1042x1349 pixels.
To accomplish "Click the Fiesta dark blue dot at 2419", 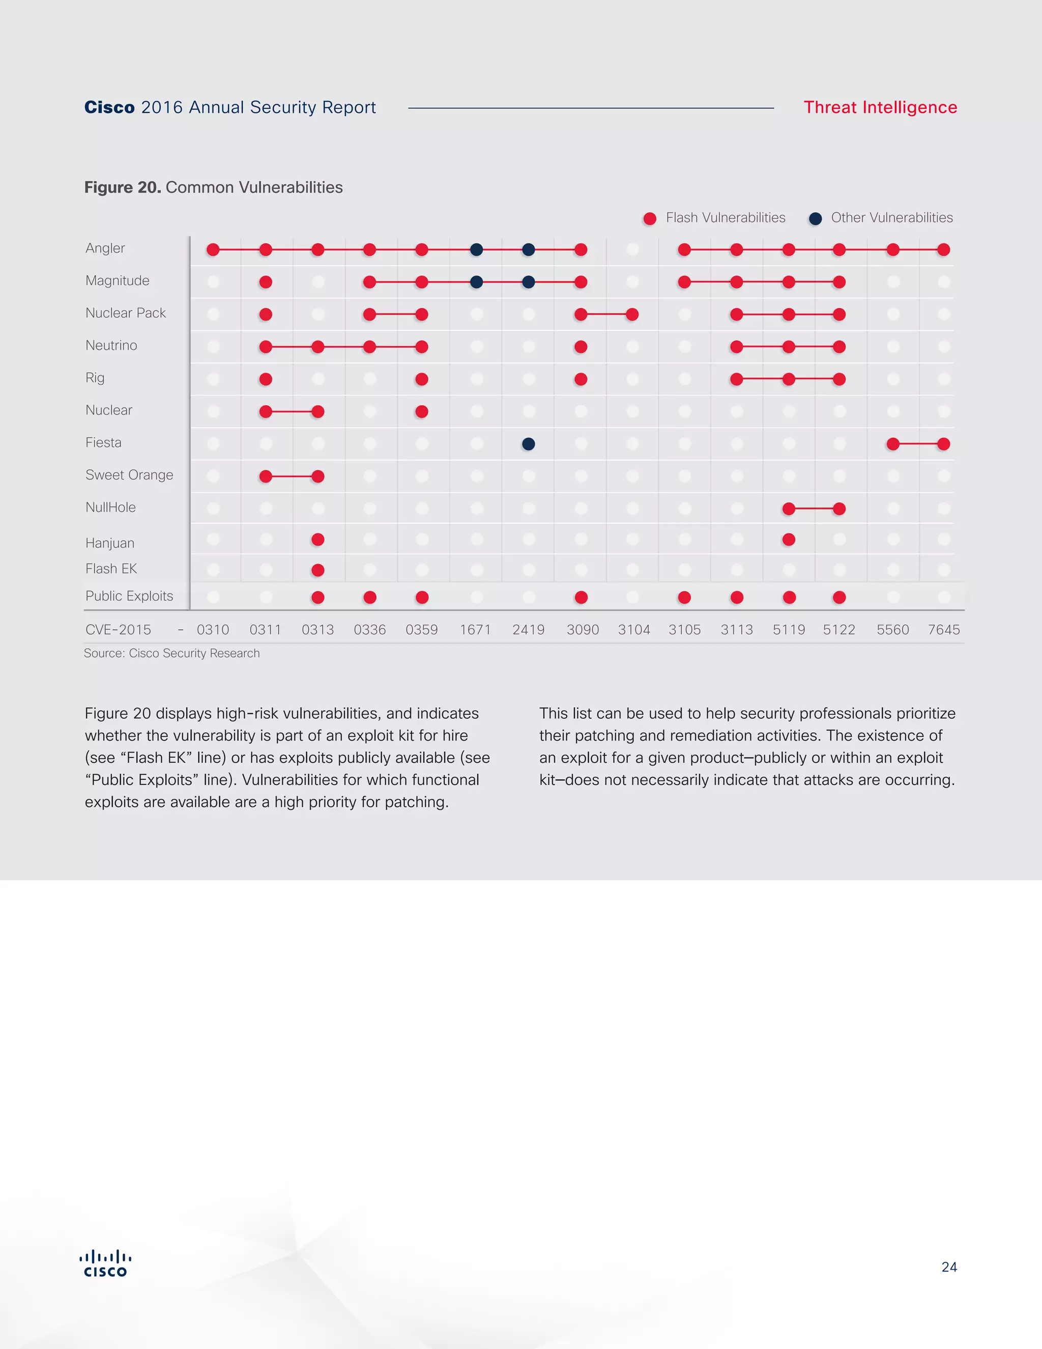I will click(x=529, y=443).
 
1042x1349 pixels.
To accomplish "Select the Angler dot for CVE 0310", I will click(x=213, y=249).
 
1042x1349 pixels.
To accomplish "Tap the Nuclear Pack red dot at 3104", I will click(x=632, y=315).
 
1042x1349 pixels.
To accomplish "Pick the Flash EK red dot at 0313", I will click(x=318, y=570).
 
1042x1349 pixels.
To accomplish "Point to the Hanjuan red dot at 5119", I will click(x=789, y=540).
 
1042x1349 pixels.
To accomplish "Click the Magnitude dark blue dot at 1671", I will click(x=477, y=283).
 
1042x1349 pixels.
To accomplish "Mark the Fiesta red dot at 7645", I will click(x=943, y=443).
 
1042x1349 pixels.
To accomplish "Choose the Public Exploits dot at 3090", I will click(x=581, y=597).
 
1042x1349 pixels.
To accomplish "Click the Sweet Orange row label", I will click(x=129, y=475).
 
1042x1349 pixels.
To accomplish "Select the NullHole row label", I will click(x=110, y=507).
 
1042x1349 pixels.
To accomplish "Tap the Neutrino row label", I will click(x=111, y=345).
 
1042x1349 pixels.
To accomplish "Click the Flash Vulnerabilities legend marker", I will click(x=649, y=219).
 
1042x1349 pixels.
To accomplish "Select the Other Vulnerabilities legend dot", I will click(x=816, y=219).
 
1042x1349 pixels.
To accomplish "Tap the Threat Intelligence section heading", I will click(x=880, y=107).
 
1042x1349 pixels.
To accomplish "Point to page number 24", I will click(x=949, y=1267).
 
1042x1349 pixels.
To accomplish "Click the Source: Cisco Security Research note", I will click(x=171, y=654).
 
